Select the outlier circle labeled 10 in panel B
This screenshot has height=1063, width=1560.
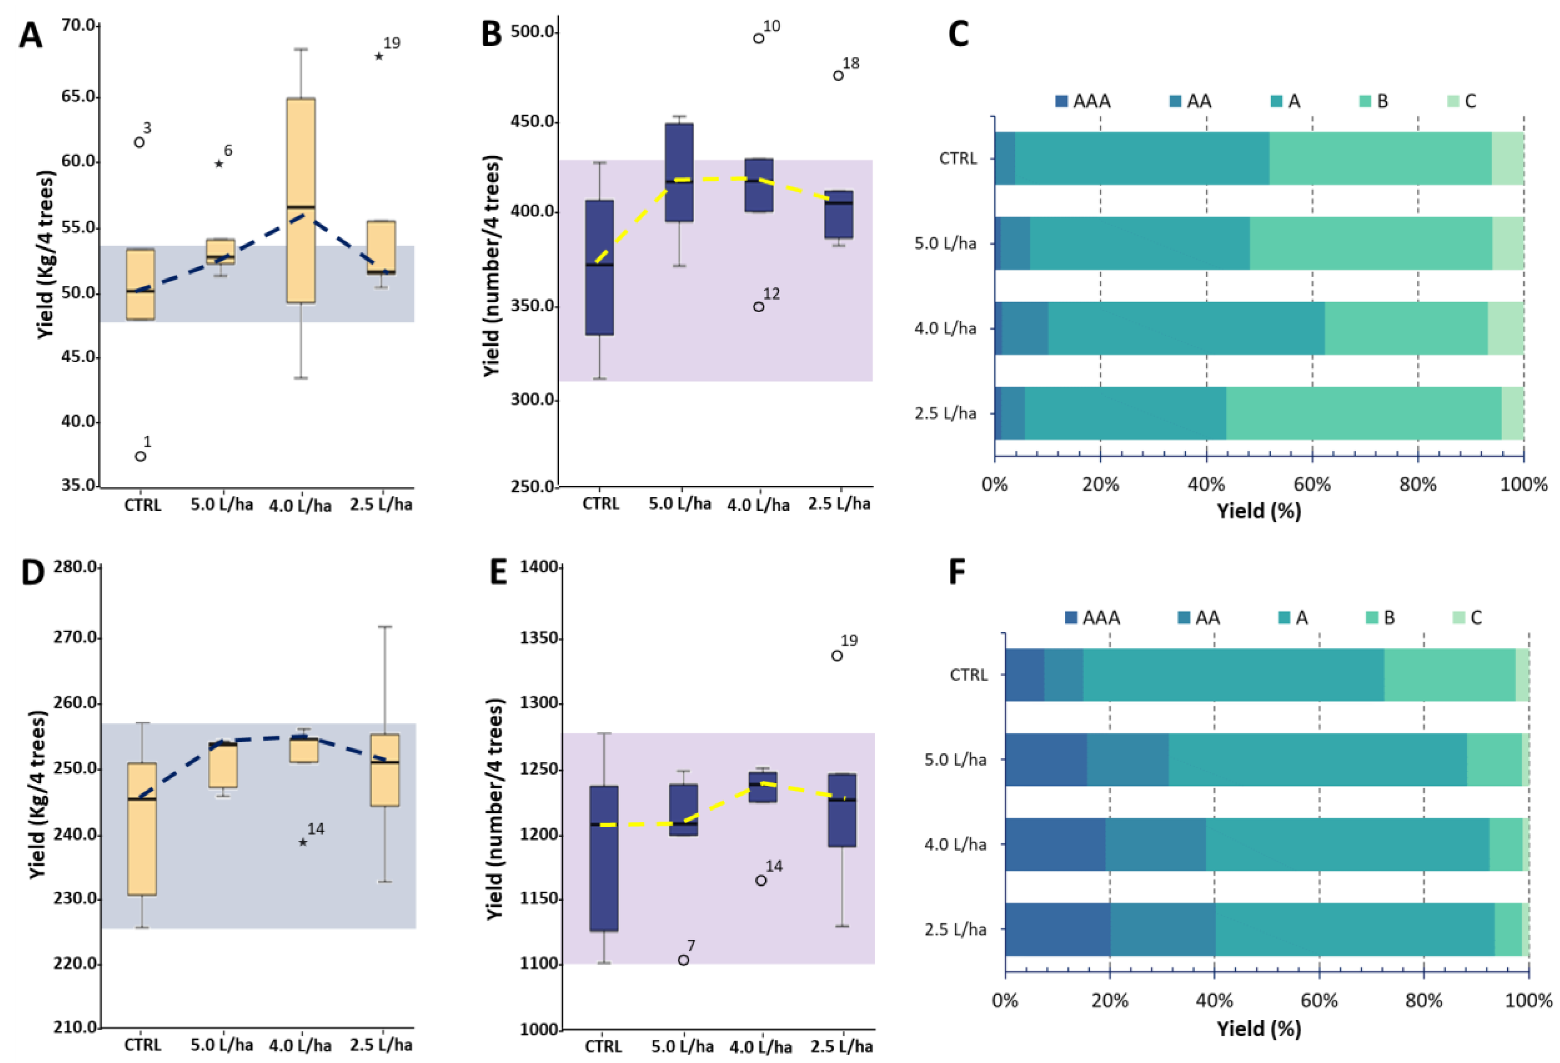(x=759, y=38)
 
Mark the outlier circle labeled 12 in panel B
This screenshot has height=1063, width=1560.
(x=759, y=307)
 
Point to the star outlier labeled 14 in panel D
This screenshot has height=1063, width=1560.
(x=303, y=842)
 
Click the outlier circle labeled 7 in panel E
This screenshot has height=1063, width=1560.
(x=683, y=960)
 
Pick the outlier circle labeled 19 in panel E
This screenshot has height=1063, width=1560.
(x=837, y=656)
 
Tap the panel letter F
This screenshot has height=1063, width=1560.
(x=957, y=573)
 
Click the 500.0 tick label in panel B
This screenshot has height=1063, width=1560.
(x=532, y=32)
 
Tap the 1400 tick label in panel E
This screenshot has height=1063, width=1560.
(x=539, y=567)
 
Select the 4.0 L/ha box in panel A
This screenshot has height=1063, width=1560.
(x=301, y=201)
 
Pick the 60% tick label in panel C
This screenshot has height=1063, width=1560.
(x=1312, y=484)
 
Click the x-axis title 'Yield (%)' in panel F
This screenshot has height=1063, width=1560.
(x=1259, y=1029)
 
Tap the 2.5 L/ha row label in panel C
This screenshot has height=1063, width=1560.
(x=945, y=413)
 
